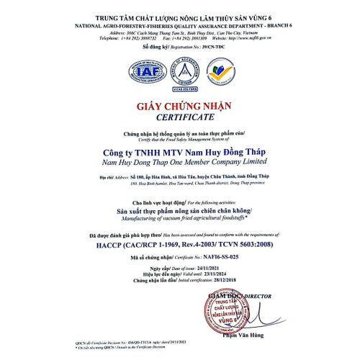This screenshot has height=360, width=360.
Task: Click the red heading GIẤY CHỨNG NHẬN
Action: point(181,107)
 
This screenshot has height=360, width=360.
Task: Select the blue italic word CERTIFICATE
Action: point(181,116)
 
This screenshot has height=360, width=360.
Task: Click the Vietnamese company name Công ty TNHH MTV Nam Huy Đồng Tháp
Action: point(181,153)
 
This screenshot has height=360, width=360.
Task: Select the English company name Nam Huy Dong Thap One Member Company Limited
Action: point(181,163)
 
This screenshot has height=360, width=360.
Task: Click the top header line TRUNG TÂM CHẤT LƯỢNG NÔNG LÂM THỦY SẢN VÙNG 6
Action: point(181,17)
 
